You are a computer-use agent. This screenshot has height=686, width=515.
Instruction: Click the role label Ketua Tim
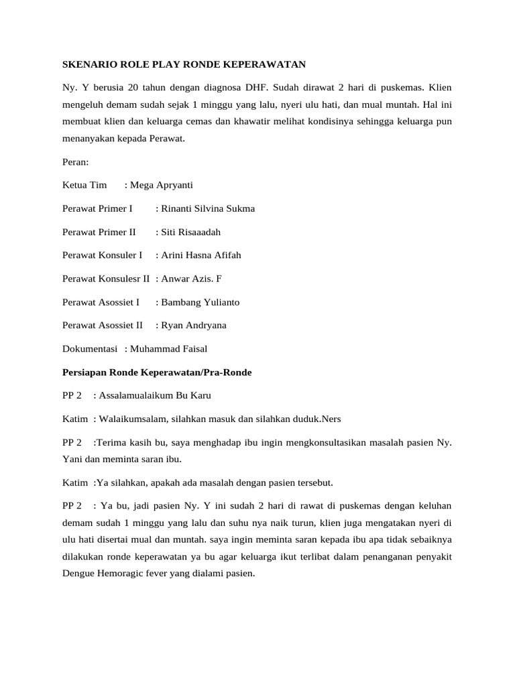(x=84, y=185)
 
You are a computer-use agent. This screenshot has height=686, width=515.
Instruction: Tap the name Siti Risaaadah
(x=190, y=232)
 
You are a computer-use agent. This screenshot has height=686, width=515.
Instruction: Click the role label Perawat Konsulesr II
(x=106, y=279)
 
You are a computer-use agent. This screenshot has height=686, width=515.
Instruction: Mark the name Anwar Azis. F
(x=190, y=279)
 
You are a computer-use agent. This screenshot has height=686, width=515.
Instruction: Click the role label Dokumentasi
(x=91, y=349)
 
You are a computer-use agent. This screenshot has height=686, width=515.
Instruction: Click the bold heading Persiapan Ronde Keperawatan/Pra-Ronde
(x=157, y=372)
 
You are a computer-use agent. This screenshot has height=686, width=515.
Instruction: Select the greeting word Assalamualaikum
(x=139, y=396)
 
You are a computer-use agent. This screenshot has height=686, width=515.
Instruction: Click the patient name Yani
(x=73, y=460)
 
